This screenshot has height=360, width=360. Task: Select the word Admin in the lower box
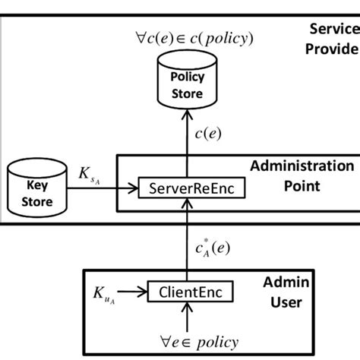coord(311,283)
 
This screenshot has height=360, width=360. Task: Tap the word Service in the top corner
coord(332,29)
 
